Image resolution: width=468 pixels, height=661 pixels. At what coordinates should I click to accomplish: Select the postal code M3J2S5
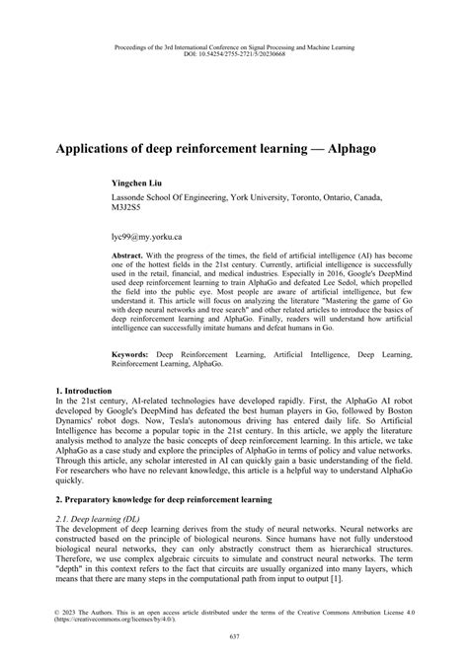[127, 208]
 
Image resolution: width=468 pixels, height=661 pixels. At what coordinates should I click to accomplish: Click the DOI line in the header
[233, 52]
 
